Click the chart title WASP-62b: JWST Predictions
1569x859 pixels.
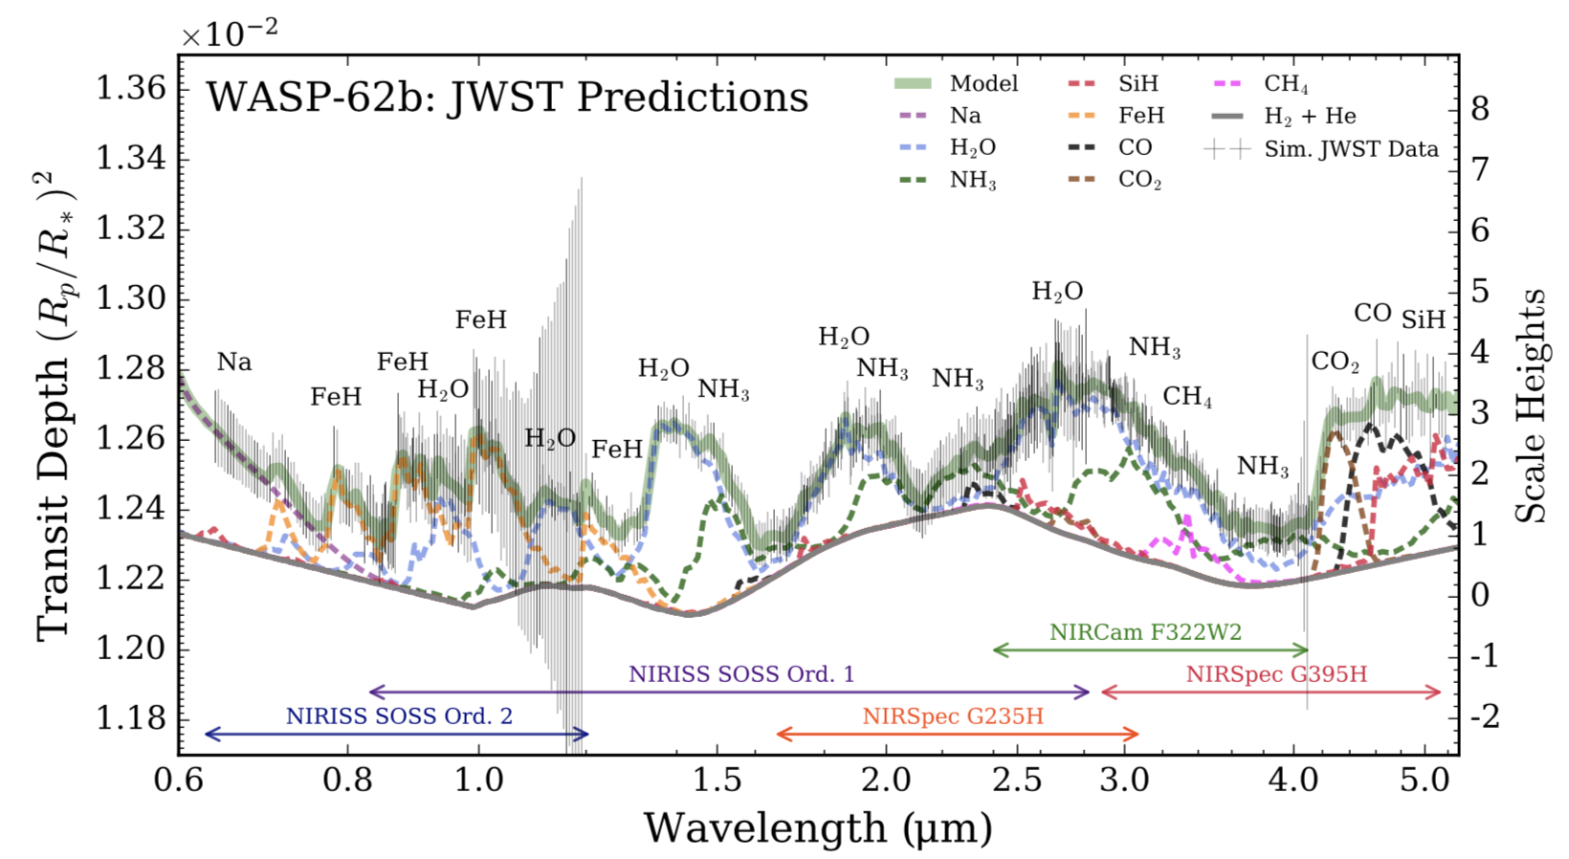click(x=507, y=98)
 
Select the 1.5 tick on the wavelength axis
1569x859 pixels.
click(x=717, y=780)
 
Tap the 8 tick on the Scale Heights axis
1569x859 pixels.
click(x=1480, y=108)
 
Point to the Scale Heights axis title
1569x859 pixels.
click(x=1531, y=406)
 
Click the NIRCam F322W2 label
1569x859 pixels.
click(x=1145, y=632)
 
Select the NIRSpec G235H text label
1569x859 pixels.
click(x=952, y=716)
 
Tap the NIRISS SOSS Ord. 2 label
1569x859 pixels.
click(x=399, y=716)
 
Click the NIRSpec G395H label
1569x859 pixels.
click(x=1276, y=674)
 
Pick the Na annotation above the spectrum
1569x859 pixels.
click(x=234, y=362)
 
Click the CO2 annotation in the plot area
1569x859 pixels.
click(x=1335, y=362)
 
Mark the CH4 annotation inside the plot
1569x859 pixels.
click(x=1187, y=396)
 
